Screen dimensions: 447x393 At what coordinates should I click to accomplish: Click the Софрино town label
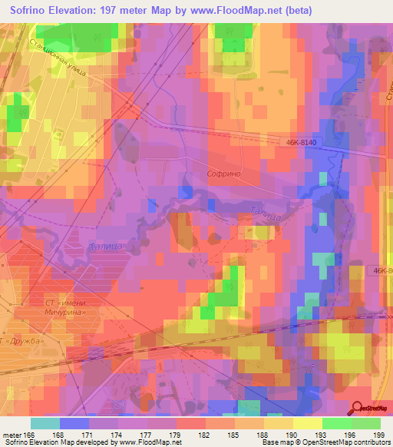(x=224, y=174)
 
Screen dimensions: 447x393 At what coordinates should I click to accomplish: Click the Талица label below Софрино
(x=263, y=216)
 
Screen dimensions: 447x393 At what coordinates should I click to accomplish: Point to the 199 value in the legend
(x=377, y=435)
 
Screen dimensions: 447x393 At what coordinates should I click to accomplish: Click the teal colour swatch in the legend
(x=45, y=423)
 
